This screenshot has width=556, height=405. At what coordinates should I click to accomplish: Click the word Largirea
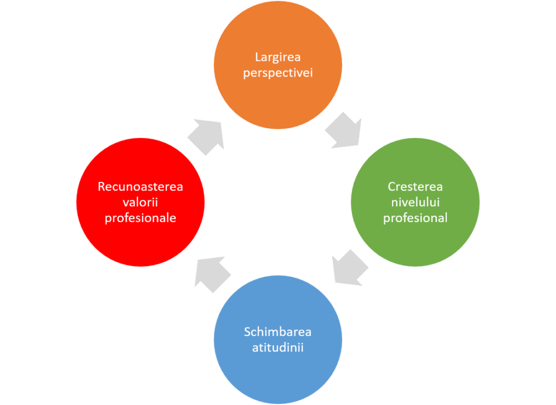coord(277,57)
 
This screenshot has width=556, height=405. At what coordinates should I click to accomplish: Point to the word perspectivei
coord(277,72)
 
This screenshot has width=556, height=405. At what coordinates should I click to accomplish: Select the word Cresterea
coord(415,187)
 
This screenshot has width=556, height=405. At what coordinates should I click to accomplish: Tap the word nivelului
coord(415,202)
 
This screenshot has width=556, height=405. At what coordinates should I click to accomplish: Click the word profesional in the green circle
coord(415,218)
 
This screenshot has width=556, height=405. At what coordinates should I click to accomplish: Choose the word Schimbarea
coord(277,331)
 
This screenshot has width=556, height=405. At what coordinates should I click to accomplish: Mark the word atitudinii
coord(277,346)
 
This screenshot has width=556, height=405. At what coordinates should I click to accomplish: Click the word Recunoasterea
coord(141,187)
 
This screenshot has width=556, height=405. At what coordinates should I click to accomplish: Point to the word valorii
coord(141,202)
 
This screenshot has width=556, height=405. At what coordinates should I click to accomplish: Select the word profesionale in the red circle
coord(141,218)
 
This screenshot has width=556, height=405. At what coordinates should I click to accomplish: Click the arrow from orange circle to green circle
coord(344,130)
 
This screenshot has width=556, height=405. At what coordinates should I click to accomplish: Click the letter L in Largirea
coord(257,57)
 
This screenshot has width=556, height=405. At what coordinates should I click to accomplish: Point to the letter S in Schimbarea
coord(247,331)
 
